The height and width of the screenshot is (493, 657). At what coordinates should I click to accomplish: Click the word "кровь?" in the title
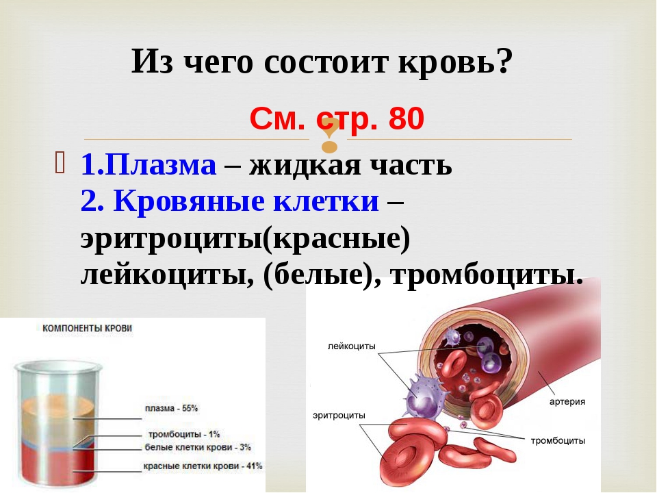coord(455,62)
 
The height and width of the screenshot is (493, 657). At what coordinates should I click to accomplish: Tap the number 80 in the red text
coord(406,118)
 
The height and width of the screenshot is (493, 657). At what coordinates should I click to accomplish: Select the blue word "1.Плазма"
coord(149,164)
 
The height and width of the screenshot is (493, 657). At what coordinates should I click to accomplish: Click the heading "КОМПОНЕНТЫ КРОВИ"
coord(87,328)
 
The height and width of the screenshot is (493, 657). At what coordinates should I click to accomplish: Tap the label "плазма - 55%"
coord(171,408)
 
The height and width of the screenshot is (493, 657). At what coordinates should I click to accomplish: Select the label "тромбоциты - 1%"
coord(184,434)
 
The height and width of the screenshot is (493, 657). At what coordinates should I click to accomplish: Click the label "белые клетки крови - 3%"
coord(198,447)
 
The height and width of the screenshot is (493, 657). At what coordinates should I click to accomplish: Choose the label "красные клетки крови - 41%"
coord(203,466)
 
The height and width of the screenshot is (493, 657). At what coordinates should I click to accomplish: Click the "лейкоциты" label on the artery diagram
coord(352,346)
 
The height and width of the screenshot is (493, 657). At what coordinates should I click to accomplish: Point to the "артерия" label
coord(567,402)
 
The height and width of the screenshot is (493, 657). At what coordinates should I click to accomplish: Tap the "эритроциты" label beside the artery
coord(339,415)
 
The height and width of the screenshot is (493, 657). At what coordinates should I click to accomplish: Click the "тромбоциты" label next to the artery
coord(558,440)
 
